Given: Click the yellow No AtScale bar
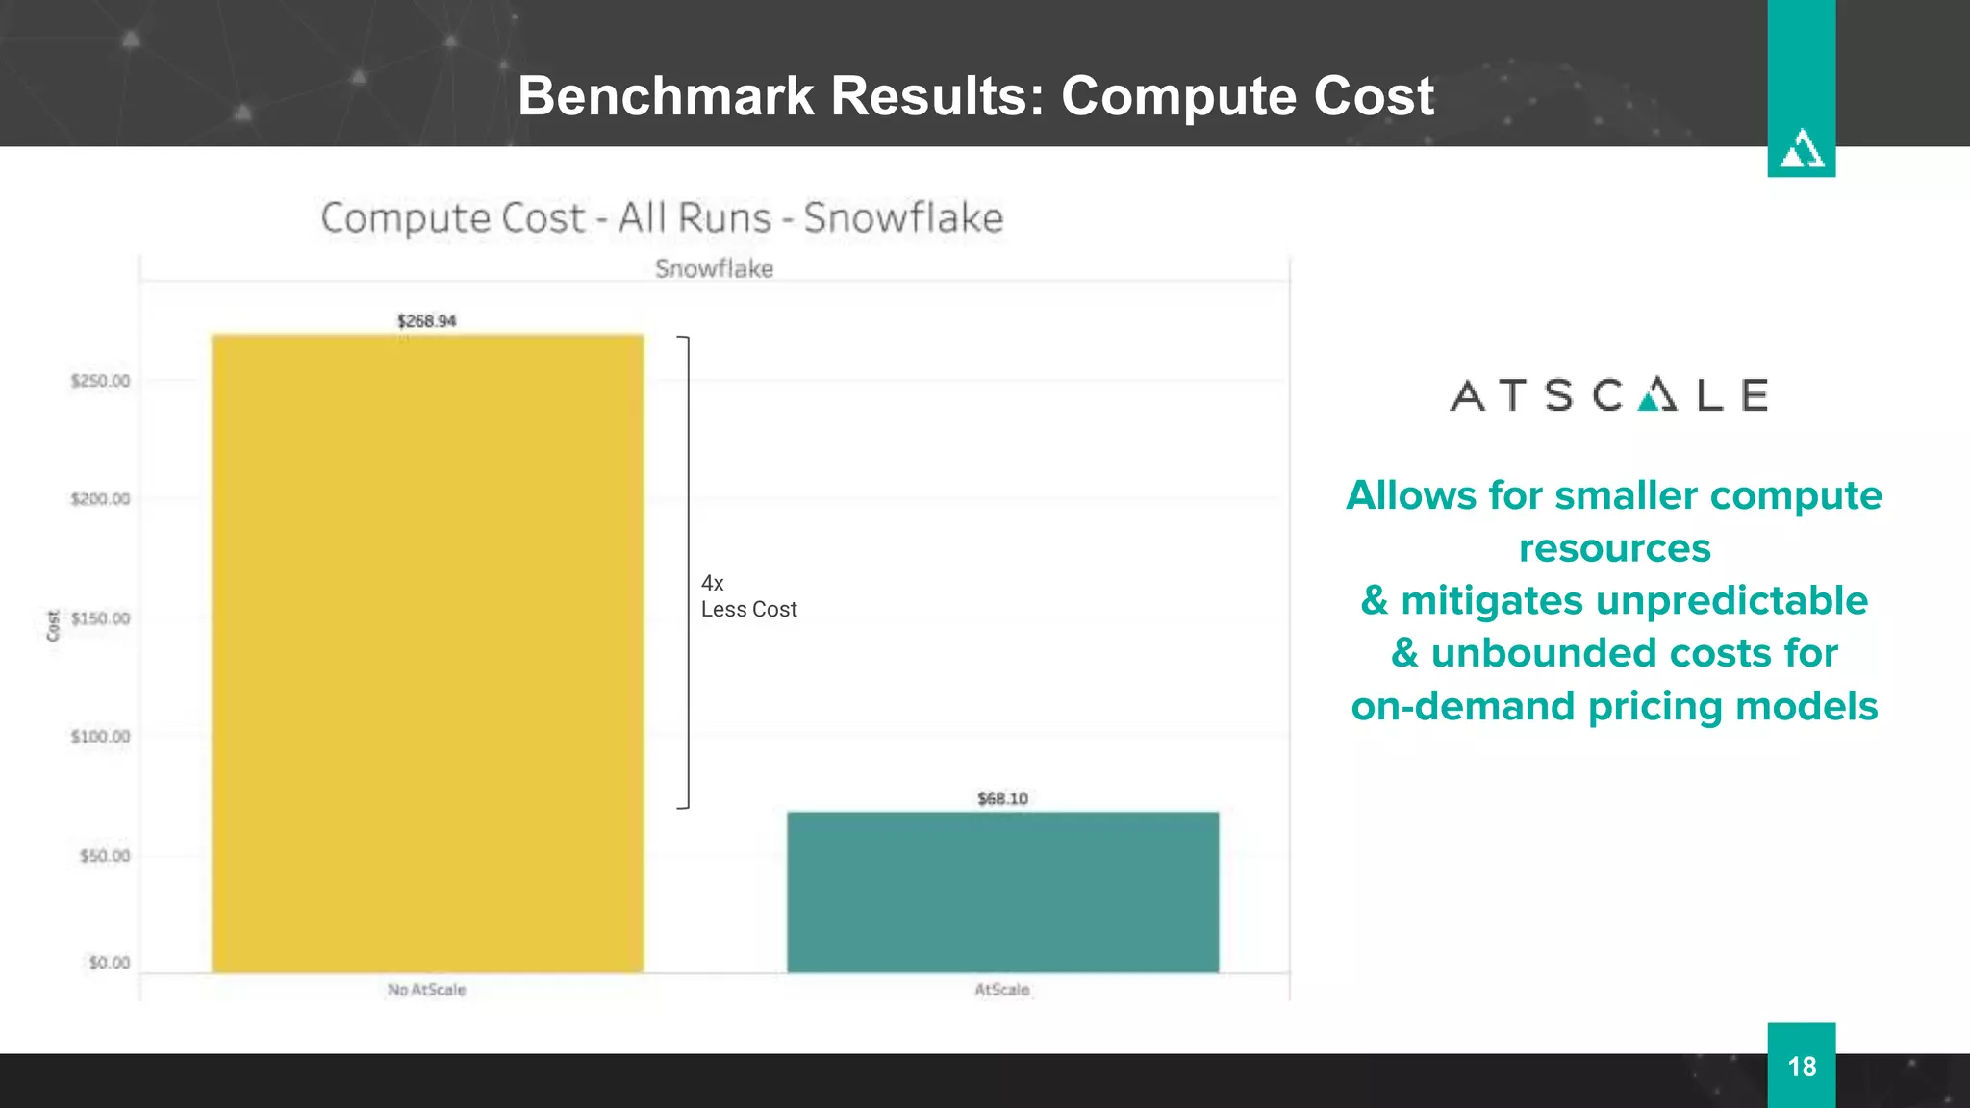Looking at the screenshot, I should point(427,654).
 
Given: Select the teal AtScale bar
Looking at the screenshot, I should point(1002,892).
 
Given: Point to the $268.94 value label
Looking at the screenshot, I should point(426,321).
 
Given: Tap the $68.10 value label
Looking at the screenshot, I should point(1002,798).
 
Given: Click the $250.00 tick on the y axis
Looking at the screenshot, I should point(100,381).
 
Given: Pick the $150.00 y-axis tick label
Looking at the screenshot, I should point(100,618).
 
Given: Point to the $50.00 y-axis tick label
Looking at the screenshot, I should point(105,856).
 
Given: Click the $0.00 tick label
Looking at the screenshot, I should point(109,963).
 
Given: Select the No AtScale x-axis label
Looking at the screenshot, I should point(426,990).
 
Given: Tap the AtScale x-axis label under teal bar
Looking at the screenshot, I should point(1001,990).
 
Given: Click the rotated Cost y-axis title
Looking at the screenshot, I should point(53,625).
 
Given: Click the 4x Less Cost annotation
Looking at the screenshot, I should point(747,596).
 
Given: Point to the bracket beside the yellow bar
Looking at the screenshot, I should point(686,572).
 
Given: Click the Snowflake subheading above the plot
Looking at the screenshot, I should point(714,269).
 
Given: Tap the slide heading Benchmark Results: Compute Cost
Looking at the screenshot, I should point(975,96).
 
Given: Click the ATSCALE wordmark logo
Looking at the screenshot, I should point(1608,395).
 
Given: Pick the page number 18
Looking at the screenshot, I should point(1801,1067).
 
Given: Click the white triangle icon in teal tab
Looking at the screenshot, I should point(1801,150).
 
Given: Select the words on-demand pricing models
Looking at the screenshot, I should point(1614,706).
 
